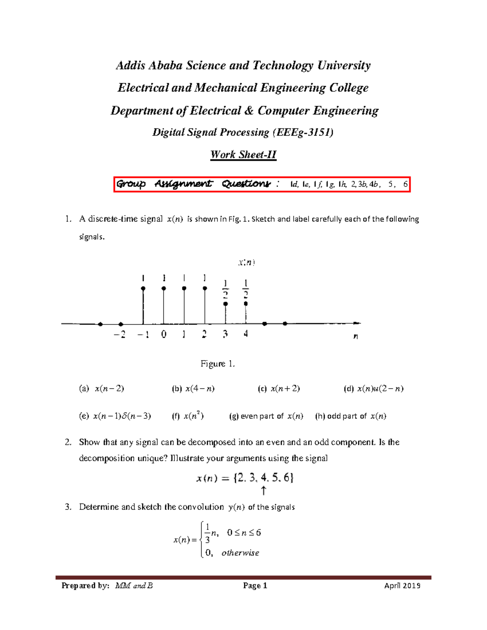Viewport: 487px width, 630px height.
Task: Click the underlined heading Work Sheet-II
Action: [x=243, y=155]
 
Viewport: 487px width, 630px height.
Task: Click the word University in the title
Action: [x=344, y=65]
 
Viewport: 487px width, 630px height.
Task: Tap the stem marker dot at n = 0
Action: [x=164, y=288]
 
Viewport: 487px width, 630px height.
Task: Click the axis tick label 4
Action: [x=246, y=334]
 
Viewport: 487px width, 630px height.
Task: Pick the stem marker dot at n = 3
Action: [x=226, y=303]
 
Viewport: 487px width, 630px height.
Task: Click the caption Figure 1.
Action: [x=218, y=363]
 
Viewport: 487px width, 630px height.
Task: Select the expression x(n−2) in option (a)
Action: [x=109, y=389]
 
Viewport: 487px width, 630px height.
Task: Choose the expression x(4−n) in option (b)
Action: [x=200, y=389]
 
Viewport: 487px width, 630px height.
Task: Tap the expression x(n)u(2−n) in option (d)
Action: [x=380, y=389]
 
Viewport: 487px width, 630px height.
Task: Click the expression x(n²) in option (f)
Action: [x=194, y=416]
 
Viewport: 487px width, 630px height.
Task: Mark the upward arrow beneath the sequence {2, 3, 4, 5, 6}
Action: [x=263, y=491]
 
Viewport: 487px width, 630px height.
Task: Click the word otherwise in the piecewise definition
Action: [x=240, y=553]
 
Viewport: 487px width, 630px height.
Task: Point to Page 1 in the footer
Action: [x=255, y=585]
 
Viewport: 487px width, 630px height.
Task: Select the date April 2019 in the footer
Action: [x=402, y=585]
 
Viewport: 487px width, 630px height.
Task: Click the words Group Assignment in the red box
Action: [x=164, y=184]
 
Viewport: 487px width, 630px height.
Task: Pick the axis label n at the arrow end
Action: [x=356, y=336]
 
